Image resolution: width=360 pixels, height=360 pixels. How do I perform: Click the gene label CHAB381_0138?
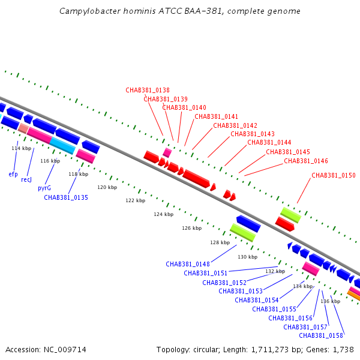tap(148, 90)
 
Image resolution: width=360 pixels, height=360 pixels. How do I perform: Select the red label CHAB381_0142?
tap(235, 125)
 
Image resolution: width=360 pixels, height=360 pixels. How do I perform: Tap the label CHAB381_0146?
tap(306, 161)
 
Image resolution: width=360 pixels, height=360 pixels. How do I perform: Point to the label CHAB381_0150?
tap(334, 175)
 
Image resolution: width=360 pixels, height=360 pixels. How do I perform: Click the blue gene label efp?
tap(13, 174)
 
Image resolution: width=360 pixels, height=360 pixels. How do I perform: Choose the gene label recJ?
tap(26, 179)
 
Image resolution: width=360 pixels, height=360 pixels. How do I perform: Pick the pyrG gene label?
tap(44, 188)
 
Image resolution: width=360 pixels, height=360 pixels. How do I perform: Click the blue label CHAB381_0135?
tap(66, 197)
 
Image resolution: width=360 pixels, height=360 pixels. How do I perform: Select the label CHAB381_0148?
tap(188, 264)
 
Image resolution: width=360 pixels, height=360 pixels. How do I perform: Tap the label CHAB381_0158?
tap(321, 335)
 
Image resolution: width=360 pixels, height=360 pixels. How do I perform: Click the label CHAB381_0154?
tap(257, 300)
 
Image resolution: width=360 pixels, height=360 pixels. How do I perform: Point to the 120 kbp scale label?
tap(107, 187)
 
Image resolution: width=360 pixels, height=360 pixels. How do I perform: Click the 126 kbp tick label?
tap(192, 228)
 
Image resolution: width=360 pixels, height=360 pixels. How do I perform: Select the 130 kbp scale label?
tap(247, 257)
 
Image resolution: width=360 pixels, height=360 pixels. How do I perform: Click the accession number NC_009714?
tap(65, 350)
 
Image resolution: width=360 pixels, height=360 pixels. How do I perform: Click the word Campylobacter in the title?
tap(90, 11)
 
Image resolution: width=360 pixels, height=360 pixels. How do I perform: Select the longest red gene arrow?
tap(196, 179)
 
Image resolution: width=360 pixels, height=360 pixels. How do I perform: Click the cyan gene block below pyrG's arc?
tap(62, 146)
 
